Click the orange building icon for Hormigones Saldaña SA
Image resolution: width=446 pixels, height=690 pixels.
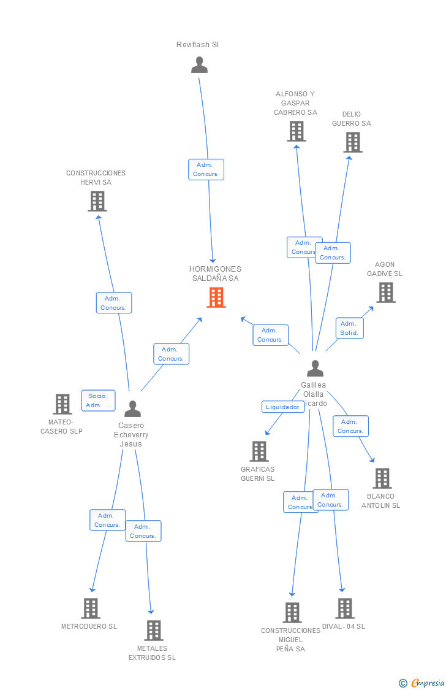(216, 297)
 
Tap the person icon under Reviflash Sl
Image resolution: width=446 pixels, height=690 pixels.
(199, 65)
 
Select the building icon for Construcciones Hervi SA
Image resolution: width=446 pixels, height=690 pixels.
(97, 201)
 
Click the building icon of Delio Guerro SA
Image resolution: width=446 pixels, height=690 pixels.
(352, 142)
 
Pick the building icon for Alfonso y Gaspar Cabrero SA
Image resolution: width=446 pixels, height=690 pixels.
(297, 131)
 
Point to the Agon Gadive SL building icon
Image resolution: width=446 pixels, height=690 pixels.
(385, 293)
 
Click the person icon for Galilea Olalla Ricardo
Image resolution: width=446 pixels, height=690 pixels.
(315, 368)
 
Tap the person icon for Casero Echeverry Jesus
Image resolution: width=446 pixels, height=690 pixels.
(132, 408)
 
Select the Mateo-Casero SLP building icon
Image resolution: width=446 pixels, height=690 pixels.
(62, 404)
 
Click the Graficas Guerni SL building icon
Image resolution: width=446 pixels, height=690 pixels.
(259, 451)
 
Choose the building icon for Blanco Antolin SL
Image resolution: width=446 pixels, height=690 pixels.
(382, 478)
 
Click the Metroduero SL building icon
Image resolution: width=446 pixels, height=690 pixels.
(91, 608)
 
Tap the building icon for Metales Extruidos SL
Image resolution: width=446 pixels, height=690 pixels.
(153, 631)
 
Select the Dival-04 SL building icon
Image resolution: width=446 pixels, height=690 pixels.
(345, 608)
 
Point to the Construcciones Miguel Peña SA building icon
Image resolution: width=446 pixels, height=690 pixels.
(292, 613)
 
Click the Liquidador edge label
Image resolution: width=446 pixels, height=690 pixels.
(282, 407)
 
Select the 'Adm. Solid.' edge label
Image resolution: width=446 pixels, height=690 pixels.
(349, 328)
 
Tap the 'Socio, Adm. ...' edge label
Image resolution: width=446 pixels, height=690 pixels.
(98, 401)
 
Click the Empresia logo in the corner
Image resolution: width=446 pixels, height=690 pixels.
(422, 683)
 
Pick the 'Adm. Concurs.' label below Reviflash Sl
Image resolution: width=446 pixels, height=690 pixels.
(206, 169)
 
